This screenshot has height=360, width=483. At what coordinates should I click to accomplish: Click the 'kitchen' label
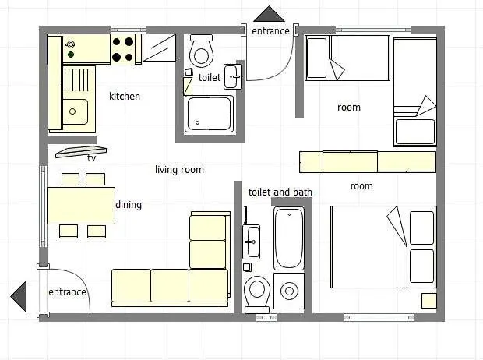125,97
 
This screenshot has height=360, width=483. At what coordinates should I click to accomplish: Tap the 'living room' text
179,169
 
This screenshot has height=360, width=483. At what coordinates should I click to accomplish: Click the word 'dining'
129,205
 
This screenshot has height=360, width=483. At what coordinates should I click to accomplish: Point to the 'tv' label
92,158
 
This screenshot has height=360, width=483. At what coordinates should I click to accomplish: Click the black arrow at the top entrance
270,14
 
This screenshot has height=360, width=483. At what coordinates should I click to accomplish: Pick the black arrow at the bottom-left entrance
19,296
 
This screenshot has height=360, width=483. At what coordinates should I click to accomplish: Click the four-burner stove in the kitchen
123,48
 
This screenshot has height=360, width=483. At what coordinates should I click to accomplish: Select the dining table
81,205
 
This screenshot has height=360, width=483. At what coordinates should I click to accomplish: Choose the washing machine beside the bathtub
289,291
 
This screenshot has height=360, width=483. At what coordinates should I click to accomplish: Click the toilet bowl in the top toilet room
202,52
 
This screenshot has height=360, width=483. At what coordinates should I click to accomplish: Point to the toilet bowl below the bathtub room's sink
256,293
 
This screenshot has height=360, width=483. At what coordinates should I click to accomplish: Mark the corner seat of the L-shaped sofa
209,286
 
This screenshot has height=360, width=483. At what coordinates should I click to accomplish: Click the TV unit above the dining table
80,151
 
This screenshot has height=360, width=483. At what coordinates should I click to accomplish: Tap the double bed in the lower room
383,246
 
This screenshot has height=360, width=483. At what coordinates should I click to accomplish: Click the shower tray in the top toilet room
209,114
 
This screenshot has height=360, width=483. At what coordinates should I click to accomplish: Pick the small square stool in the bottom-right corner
429,300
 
